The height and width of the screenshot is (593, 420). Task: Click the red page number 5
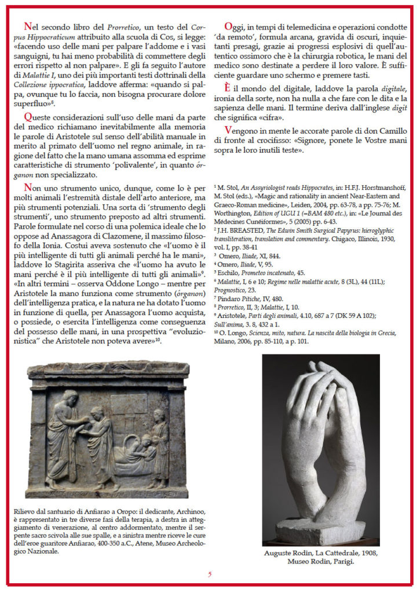point(210,574)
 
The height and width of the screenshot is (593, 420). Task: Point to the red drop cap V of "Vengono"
point(228,131)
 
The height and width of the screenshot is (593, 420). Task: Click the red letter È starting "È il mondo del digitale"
point(228,86)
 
